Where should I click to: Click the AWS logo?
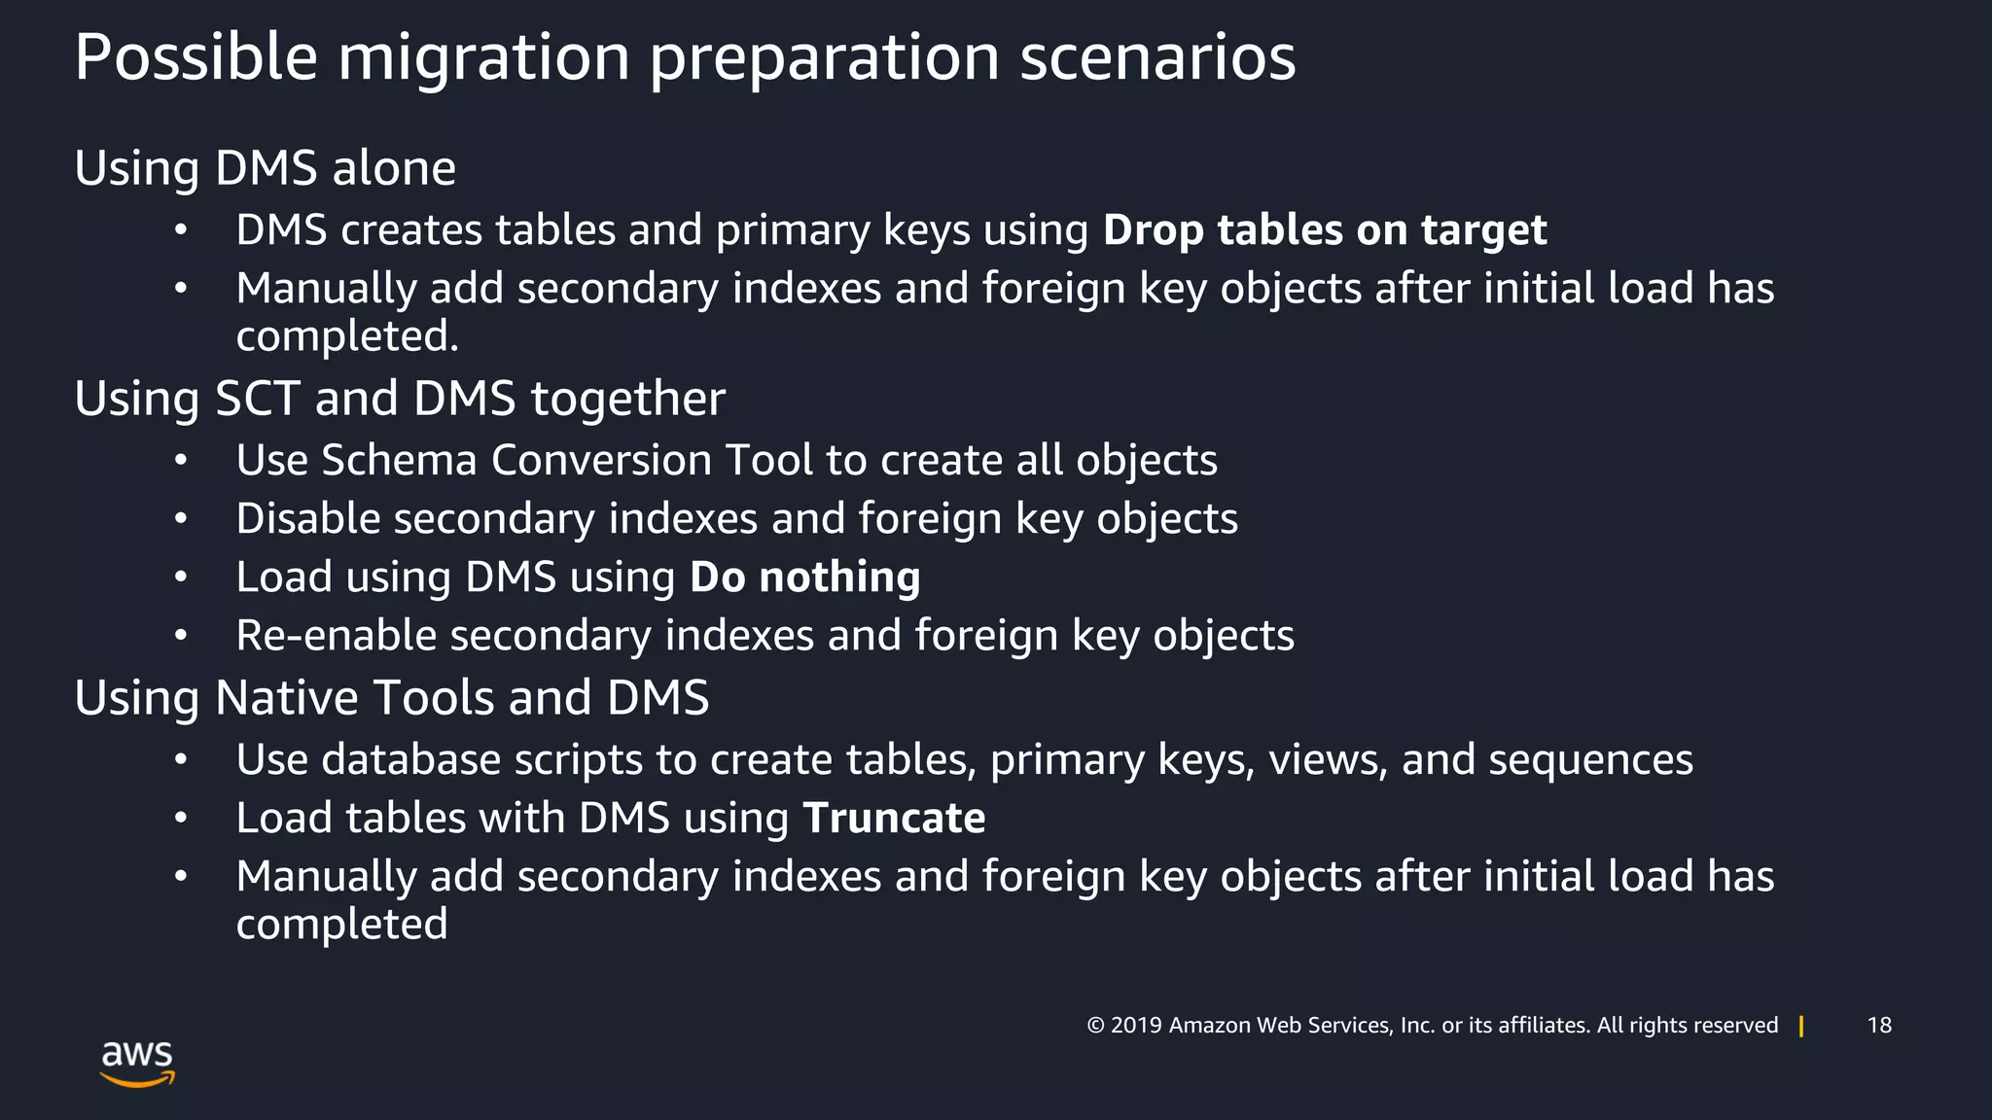point(137,1063)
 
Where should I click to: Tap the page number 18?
point(1879,1026)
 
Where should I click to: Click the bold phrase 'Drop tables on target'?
point(1324,230)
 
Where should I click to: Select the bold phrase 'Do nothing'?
point(804,577)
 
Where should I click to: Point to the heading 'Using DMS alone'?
point(265,168)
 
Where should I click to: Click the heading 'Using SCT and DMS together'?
point(400,399)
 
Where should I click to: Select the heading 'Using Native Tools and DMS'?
point(391,698)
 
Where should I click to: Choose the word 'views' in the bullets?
point(1328,760)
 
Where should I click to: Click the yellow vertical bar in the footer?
point(1801,1027)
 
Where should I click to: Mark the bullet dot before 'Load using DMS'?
point(181,577)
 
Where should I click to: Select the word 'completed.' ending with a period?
point(347,337)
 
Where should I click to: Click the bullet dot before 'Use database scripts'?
point(181,760)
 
